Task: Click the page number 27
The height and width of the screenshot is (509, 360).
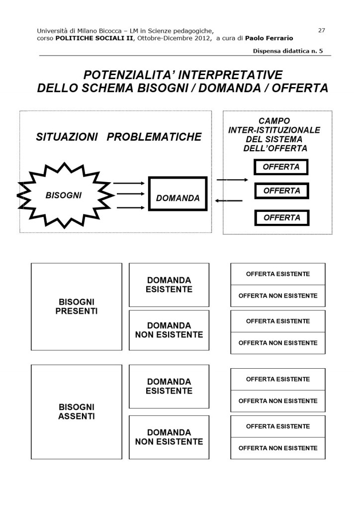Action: tap(321, 30)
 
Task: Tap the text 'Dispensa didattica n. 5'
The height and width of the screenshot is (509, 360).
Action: tap(287, 51)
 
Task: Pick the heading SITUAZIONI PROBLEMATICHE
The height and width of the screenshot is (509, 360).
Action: tap(119, 137)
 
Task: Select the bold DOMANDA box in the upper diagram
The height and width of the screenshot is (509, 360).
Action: tap(178, 194)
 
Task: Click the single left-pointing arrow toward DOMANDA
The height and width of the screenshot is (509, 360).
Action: tap(229, 201)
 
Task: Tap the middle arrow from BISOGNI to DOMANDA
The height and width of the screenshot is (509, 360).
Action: tap(129, 194)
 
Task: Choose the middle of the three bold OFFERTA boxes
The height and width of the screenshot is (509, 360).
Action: tap(281, 191)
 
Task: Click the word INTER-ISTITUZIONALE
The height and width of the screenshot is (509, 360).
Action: tap(274, 130)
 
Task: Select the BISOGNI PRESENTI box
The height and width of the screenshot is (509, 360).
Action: tap(77, 306)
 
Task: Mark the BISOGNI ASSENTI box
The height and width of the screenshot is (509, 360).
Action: tap(77, 411)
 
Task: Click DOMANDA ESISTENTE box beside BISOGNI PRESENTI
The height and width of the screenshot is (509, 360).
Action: tap(169, 285)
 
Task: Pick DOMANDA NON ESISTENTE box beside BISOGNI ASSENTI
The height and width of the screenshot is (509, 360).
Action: tap(169, 437)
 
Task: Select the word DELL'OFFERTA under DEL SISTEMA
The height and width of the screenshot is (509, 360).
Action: tap(275, 148)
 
